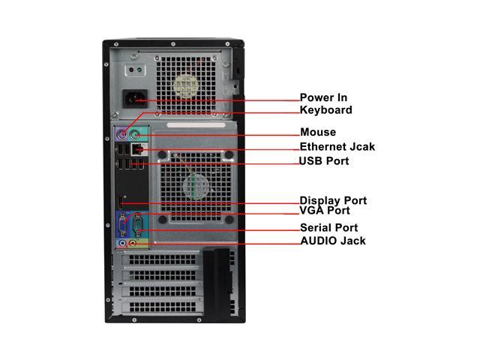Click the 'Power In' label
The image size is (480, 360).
(323, 97)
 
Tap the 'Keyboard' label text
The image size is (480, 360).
(325, 110)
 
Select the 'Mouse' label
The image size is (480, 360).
(318, 133)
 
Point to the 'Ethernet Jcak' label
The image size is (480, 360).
(337, 147)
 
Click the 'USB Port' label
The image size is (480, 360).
(324, 161)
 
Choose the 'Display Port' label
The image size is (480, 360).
(333, 200)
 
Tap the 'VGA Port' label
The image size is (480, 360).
(325, 211)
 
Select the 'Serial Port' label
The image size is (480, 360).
(328, 227)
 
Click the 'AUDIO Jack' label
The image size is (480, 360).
(333, 241)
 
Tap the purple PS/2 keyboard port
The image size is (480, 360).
(124, 136)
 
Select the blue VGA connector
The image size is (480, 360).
(124, 225)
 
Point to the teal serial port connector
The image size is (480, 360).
(137, 225)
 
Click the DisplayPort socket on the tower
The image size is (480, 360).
(121, 200)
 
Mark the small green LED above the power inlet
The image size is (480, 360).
(132, 70)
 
